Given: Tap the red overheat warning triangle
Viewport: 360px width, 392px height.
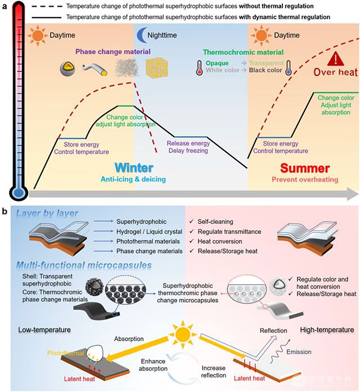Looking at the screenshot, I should [336, 59].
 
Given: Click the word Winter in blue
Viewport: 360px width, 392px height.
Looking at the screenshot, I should [134, 168].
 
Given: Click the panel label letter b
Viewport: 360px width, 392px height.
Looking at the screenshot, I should [5, 212].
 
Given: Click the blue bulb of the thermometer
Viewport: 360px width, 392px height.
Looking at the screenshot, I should [19, 193].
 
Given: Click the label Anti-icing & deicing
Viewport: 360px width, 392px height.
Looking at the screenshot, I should [134, 179].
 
